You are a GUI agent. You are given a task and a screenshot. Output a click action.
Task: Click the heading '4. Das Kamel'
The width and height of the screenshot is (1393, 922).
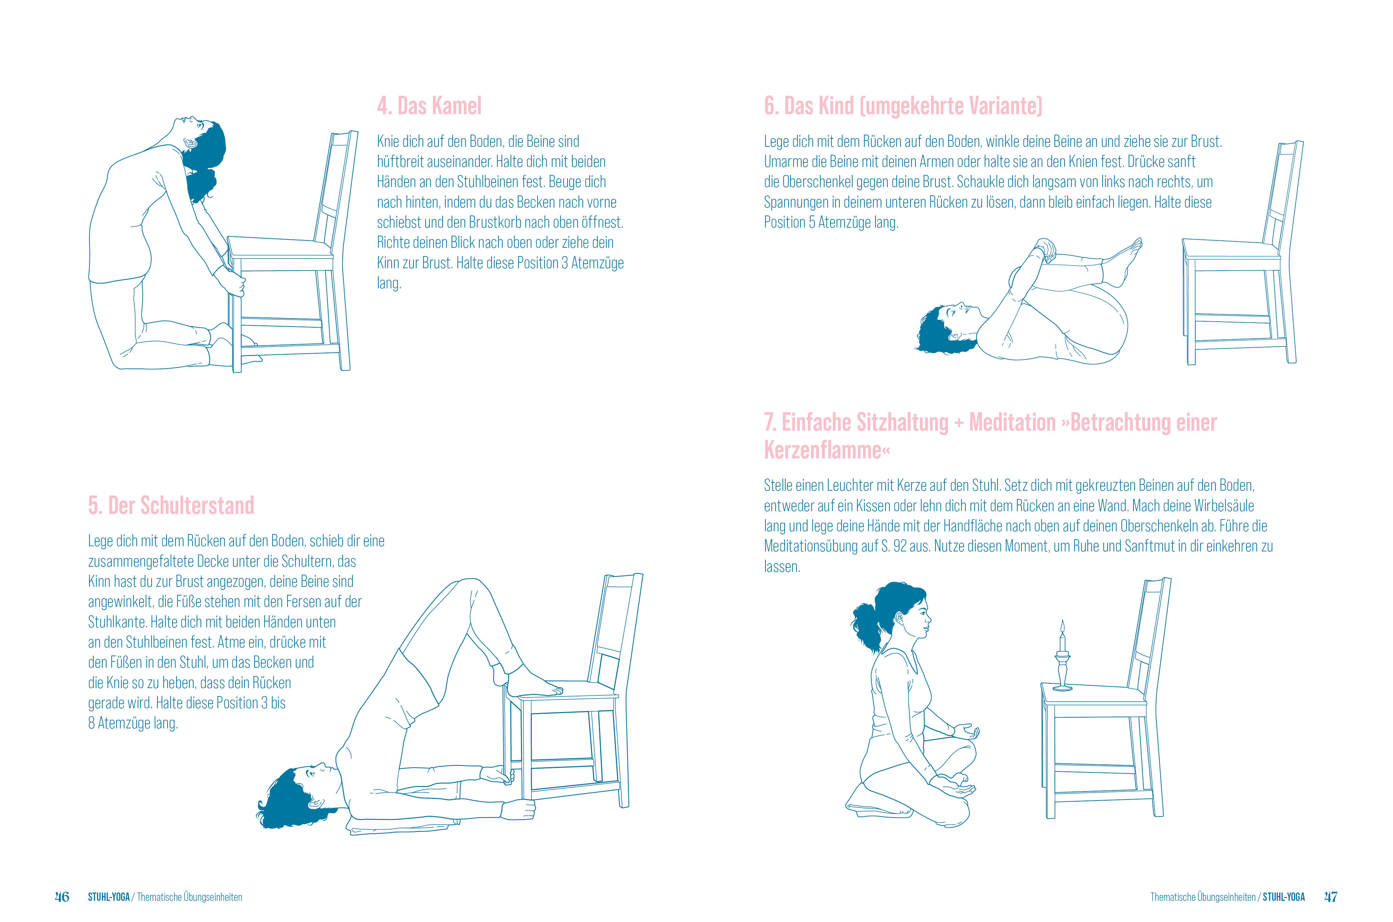pyautogui.click(x=429, y=106)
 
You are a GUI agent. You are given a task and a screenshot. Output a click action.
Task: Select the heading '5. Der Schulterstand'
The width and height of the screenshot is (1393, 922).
pyautogui.click(x=171, y=505)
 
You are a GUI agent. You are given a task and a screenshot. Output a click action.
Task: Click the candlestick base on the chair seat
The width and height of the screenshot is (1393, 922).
pyautogui.click(x=1062, y=687)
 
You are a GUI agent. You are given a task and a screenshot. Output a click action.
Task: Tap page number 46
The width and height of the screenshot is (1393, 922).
pyautogui.click(x=62, y=897)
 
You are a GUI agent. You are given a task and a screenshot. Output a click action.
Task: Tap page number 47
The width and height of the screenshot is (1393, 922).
pyautogui.click(x=1331, y=897)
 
